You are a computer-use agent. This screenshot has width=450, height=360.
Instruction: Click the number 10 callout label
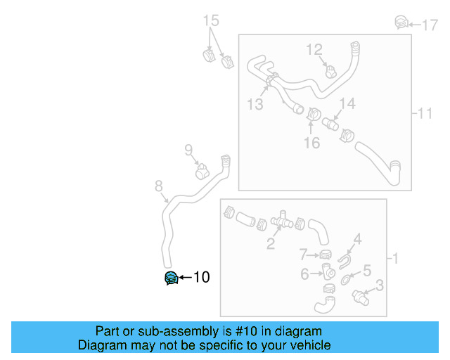click(x=201, y=278)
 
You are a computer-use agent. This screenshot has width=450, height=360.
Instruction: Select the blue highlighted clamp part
click(x=170, y=278)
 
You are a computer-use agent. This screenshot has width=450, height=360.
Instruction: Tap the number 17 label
click(x=429, y=25)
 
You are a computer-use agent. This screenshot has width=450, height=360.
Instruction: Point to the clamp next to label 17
click(x=401, y=22)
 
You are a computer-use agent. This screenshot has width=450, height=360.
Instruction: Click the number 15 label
click(x=212, y=20)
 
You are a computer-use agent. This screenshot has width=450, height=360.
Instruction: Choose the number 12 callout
click(x=314, y=49)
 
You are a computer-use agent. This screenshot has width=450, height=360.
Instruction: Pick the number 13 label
click(x=255, y=105)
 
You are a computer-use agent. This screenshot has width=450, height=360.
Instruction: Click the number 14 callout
click(x=347, y=104)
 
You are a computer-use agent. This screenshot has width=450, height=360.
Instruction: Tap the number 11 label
click(x=425, y=113)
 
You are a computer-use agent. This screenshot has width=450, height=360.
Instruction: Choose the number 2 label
click(x=270, y=245)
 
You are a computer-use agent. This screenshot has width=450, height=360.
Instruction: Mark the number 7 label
click(x=304, y=254)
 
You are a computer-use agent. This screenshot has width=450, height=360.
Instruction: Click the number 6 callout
click(x=304, y=274)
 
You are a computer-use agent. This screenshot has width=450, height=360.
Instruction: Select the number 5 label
click(x=366, y=270)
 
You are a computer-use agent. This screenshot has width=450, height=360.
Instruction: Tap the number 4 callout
click(x=357, y=239)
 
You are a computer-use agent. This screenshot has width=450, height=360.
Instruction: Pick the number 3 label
click(x=379, y=285)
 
